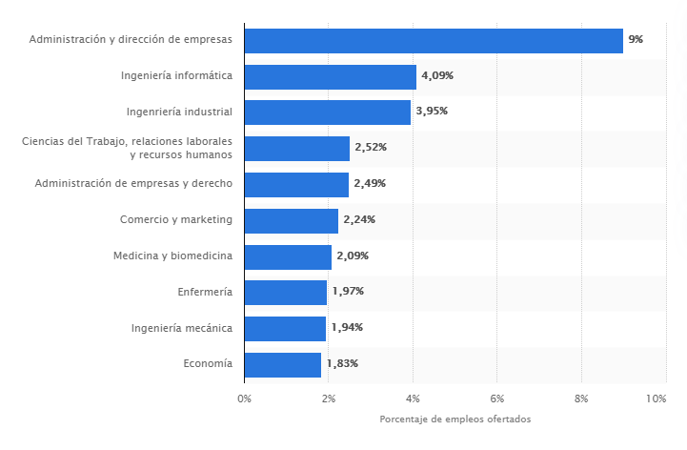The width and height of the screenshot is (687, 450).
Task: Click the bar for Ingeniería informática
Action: [330, 76]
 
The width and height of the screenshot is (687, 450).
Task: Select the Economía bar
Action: [282, 363]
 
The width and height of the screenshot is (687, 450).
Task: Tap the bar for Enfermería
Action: [285, 292]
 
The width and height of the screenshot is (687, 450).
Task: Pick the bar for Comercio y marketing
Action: [291, 220]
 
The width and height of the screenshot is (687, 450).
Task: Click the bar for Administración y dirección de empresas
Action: [434, 40]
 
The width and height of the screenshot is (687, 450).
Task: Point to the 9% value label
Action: [636, 40]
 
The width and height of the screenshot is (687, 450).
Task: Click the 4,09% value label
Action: [437, 76]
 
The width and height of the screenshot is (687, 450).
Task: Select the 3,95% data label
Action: [432, 112]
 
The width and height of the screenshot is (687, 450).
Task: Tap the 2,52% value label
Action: [371, 148]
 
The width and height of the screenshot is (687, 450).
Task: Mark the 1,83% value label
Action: [342, 363]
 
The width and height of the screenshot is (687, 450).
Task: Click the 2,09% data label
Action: [353, 256]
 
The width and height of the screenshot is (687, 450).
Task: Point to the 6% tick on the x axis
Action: [496, 398]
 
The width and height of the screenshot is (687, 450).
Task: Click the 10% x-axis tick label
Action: [656, 398]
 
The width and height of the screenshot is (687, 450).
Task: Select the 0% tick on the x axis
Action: [244, 398]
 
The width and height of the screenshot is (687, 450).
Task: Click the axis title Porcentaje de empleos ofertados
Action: [455, 419]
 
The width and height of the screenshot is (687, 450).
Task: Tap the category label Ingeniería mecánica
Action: [182, 328]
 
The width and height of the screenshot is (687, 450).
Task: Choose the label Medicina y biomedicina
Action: [172, 256]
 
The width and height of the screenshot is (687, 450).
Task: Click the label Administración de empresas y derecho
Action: [133, 184]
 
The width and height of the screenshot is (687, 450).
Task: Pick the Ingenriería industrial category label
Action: [179, 112]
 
